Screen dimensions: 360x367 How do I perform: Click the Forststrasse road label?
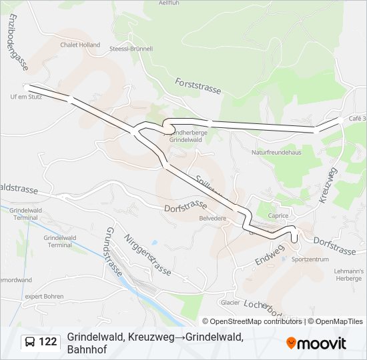pyautogui.click(x=198, y=87)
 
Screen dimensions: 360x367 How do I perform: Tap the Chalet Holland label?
pyautogui.click(x=79, y=45)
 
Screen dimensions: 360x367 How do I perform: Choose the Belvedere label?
pyautogui.click(x=213, y=218)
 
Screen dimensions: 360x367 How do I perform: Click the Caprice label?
pyautogui.click(x=278, y=215)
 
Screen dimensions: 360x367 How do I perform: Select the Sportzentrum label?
pyautogui.click(x=310, y=259)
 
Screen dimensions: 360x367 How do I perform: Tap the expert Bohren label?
pyautogui.click(x=44, y=295)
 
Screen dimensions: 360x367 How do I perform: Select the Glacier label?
pyautogui.click(x=230, y=302)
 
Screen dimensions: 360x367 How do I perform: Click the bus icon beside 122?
pyautogui.click(x=31, y=342)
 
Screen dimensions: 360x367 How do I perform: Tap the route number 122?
pyautogui.click(x=48, y=342)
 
